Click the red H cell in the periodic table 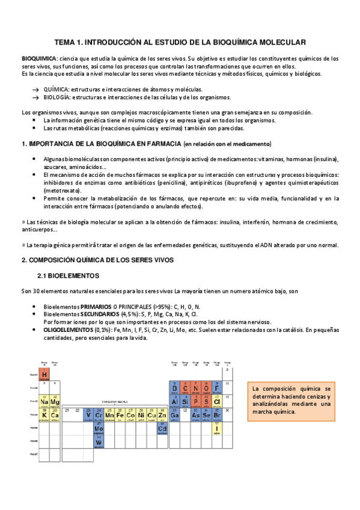pos(44,374)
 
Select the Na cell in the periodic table pos(44,401)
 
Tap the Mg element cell pos(55,401)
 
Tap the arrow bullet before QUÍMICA pos(36,89)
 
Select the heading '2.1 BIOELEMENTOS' pos(68,275)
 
